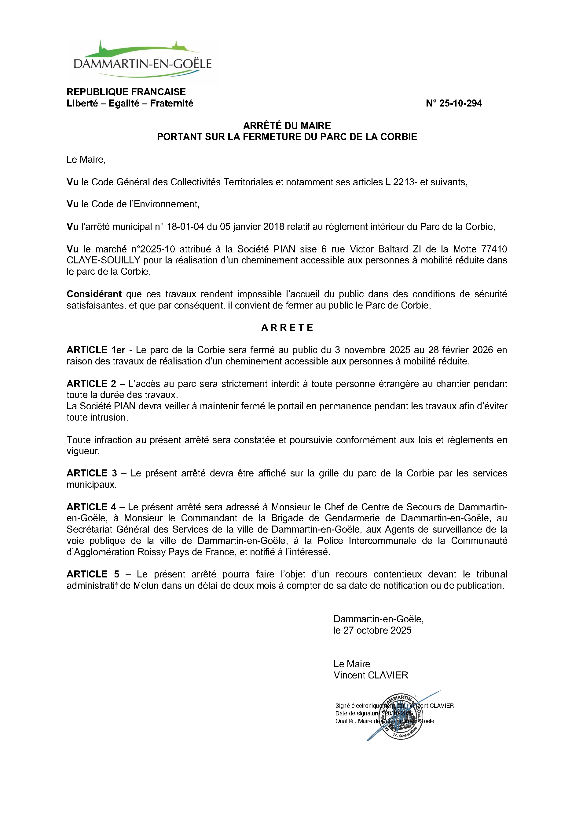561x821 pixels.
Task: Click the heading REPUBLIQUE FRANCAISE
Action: pos(126,92)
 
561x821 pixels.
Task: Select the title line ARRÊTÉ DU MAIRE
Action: pos(287,125)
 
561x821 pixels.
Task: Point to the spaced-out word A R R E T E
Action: pos(287,327)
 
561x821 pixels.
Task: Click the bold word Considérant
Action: pos(94,294)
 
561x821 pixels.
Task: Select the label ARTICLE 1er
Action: pos(96,350)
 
